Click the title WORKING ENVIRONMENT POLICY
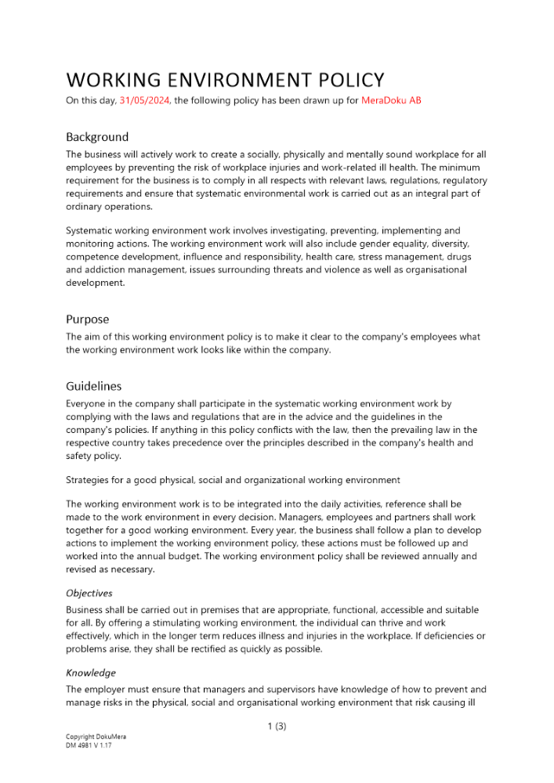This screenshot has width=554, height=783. pos(225,80)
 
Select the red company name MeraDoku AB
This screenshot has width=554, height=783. pos(391,100)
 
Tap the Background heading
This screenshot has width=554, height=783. pos(97,137)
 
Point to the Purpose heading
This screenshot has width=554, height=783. pos(88,319)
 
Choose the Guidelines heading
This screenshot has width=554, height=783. pos(94,386)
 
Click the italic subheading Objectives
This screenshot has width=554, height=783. pos(89,594)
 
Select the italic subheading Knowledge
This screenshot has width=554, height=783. pos(91,673)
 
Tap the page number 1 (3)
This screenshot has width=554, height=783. pos(277,727)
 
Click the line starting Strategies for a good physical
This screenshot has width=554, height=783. pos(233,480)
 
